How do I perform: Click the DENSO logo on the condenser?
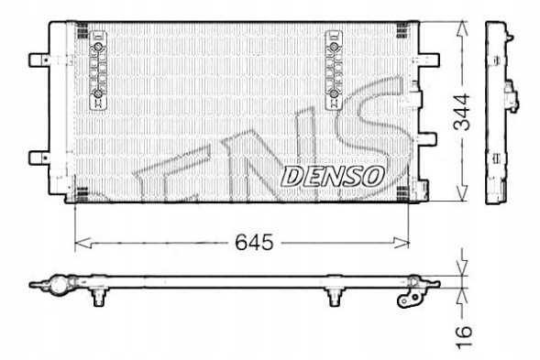coord(331,176)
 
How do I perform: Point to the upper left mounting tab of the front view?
coord(39,60)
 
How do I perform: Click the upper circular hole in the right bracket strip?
coord(334,49)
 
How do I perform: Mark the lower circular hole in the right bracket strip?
coord(334,94)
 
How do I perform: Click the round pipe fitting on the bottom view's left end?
coord(58,286)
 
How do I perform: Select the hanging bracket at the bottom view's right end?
coord(408,296)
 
